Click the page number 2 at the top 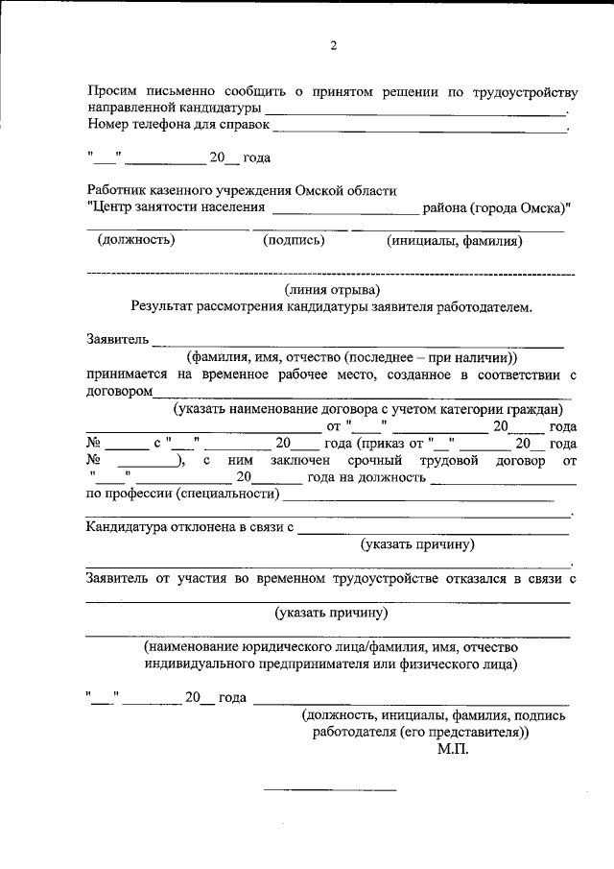pyautogui.click(x=333, y=45)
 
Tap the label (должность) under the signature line pyautogui.click(x=135, y=241)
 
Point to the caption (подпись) pyautogui.click(x=294, y=241)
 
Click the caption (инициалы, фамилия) pyautogui.click(x=455, y=241)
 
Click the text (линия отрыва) pyautogui.click(x=332, y=290)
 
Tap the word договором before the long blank pyautogui.click(x=120, y=392)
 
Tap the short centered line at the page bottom pyautogui.click(x=330, y=790)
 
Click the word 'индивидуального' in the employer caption pyautogui.click(x=198, y=664)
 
